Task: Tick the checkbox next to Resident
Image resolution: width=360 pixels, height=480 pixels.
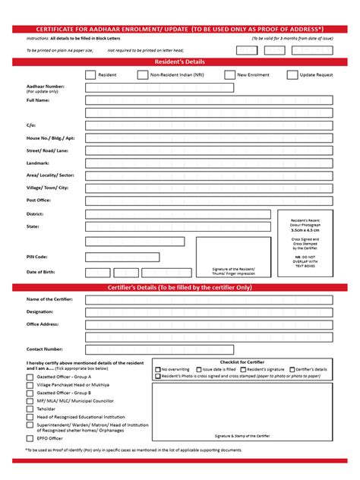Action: [x=90, y=74]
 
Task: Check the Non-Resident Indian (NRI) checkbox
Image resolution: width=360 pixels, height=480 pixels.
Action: [x=142, y=74]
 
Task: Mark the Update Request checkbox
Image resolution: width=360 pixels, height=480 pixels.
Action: [x=292, y=74]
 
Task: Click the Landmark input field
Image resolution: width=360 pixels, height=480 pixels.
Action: [x=209, y=163]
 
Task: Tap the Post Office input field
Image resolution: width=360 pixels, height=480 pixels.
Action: [x=209, y=200]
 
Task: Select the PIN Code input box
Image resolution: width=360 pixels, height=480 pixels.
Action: [x=122, y=257]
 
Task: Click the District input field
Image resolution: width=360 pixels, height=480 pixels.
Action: [x=179, y=214]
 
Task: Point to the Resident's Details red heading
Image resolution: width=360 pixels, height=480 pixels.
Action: [x=180, y=61]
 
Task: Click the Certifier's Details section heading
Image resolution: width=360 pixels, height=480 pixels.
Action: [x=180, y=287]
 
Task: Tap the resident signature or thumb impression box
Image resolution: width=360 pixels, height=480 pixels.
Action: [x=233, y=257]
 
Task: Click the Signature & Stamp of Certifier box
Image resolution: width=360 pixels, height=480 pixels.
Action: [x=242, y=411]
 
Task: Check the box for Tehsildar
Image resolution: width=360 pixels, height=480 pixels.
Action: [x=30, y=408]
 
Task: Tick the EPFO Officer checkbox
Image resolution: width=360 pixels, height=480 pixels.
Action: [x=30, y=437]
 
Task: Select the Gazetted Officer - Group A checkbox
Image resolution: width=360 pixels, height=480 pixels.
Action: [x=30, y=376]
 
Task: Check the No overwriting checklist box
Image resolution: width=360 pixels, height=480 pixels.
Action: [x=158, y=368]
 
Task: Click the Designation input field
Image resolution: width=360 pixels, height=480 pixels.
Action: [x=209, y=311]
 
